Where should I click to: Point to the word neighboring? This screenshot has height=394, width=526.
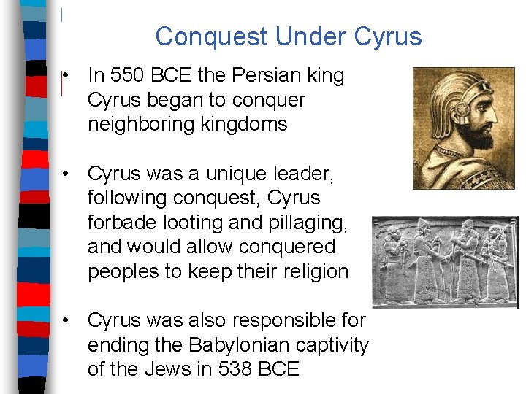(139, 124)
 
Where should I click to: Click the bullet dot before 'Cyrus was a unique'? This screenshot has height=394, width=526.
(66, 174)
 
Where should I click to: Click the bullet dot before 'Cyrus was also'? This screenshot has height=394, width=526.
(66, 321)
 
